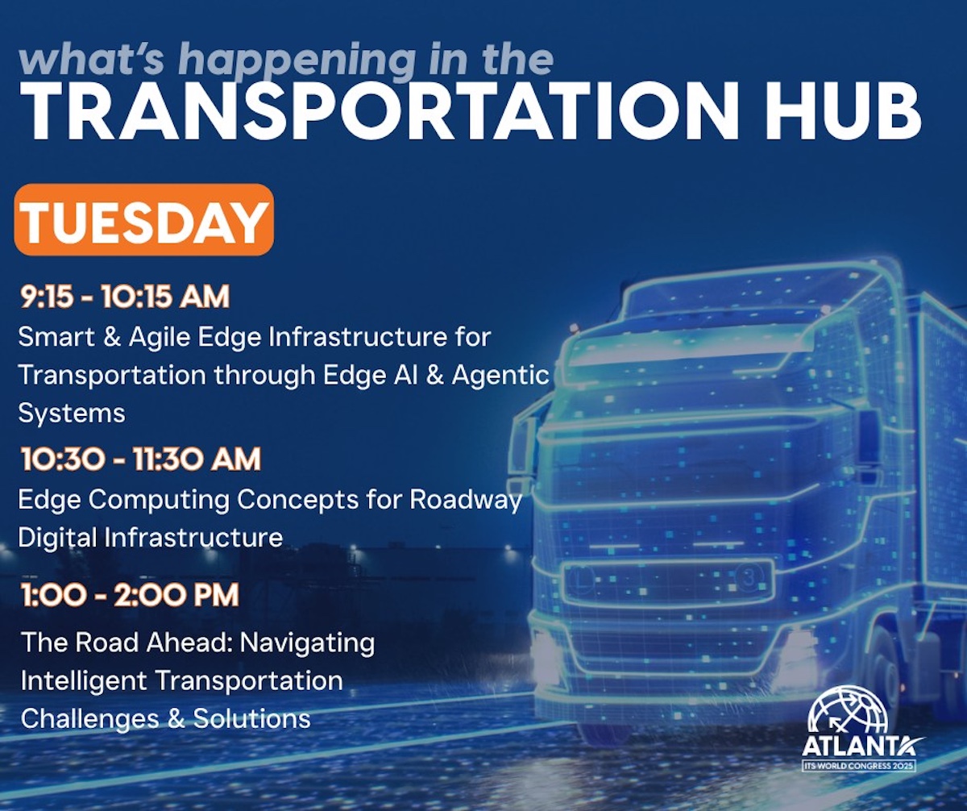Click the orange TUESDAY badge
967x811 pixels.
click(144, 219)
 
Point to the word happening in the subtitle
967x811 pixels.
click(297, 61)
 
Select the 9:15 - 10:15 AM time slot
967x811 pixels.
click(125, 297)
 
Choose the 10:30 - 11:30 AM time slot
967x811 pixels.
click(141, 459)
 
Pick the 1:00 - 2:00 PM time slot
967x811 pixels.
click(130, 595)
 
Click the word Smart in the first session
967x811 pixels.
click(56, 336)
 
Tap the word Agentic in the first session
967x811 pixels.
click(500, 375)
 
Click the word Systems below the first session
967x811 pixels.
click(72, 414)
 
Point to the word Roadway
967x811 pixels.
click(466, 501)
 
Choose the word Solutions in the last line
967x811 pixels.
click(252, 719)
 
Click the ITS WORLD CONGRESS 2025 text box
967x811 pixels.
click(859, 766)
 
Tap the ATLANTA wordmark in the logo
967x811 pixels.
click(861, 747)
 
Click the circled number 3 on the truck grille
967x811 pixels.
click(749, 577)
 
